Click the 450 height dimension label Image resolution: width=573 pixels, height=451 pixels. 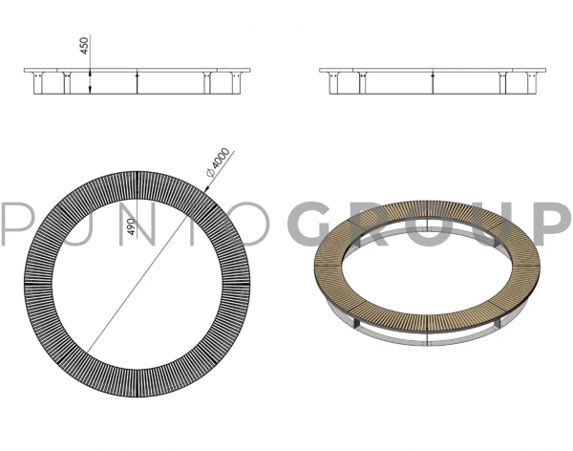coord(84,46)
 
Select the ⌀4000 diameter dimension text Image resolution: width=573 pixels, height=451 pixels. coord(219,162)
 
